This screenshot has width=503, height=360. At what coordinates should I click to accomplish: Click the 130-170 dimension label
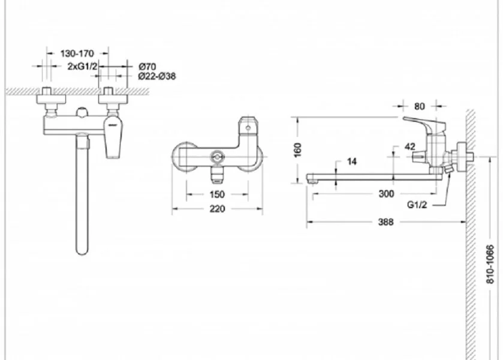(77, 53)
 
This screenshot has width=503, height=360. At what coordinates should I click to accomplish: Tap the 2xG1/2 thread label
(82, 67)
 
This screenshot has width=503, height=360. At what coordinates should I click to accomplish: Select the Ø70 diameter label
(147, 67)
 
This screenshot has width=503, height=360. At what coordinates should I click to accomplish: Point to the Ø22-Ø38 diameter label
(157, 76)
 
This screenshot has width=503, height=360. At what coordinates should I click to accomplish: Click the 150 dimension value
(217, 194)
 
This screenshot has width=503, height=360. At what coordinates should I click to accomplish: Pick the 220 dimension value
(217, 209)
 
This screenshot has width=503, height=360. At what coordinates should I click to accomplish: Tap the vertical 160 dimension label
(298, 150)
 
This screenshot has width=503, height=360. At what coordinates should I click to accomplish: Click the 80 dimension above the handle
(419, 106)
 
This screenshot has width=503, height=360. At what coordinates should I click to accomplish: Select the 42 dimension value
(410, 147)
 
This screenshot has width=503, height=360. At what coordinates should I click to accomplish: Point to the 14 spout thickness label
(351, 161)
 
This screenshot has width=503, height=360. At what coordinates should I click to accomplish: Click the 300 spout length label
(386, 194)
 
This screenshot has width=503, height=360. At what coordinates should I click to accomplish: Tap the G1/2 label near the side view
(417, 205)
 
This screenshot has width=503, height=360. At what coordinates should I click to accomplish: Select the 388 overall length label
(385, 222)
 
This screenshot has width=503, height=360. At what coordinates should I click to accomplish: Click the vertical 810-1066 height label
(490, 264)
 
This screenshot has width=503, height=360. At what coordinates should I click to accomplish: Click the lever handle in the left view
(113, 137)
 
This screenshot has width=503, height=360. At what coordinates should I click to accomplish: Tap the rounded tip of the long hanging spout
(82, 251)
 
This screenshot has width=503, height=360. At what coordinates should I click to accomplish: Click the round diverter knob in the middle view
(218, 157)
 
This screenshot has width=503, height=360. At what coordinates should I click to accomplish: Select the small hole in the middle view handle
(248, 128)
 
